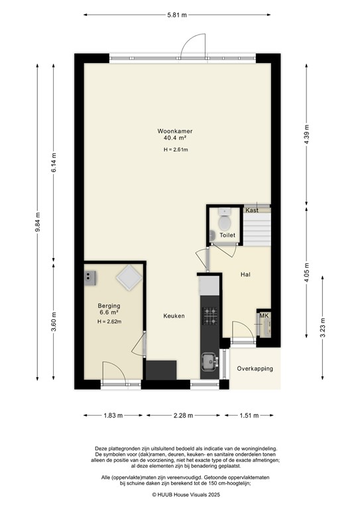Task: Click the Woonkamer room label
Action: (x=175, y=131)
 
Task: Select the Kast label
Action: (x=251, y=210)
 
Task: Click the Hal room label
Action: (x=245, y=274)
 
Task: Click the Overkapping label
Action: (x=255, y=368)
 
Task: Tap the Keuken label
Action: (x=174, y=316)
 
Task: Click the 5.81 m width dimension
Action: (x=176, y=13)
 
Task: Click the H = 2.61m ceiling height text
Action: (x=176, y=150)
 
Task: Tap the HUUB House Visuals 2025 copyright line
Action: (x=180, y=494)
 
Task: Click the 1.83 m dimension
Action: (x=111, y=416)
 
